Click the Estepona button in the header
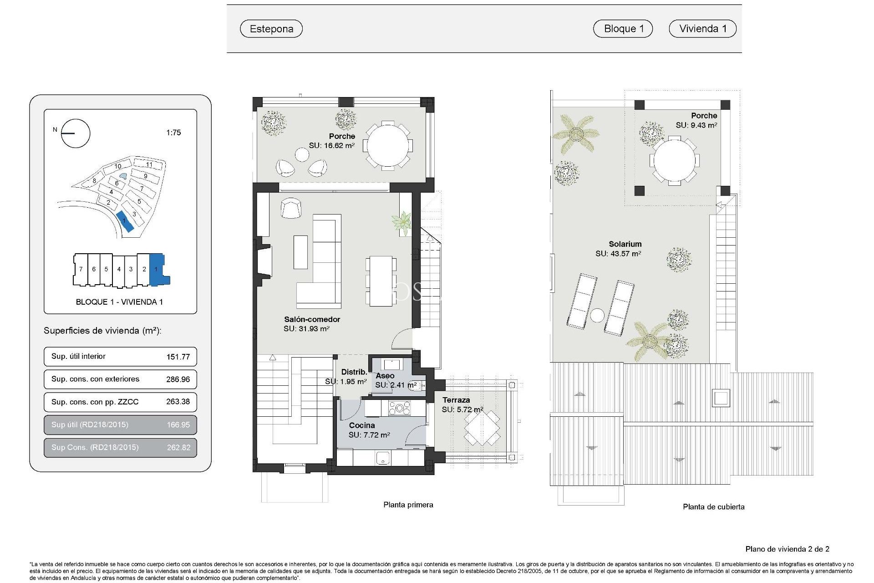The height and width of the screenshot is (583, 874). tap(271, 29)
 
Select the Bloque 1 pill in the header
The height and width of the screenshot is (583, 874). tap(623, 29)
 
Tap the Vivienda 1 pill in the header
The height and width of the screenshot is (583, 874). tap(702, 29)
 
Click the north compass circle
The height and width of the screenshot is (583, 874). tap(76, 133)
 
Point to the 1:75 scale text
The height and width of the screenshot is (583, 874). tap(173, 133)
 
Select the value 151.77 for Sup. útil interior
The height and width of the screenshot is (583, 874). tap(178, 357)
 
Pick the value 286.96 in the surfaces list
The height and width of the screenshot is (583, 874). tap(178, 379)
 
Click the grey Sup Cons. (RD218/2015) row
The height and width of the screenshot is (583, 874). tap(120, 447)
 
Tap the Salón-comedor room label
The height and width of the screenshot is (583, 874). tap(312, 319)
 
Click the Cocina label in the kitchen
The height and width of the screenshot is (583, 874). tap(362, 425)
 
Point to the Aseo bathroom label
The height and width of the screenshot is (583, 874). tap(385, 376)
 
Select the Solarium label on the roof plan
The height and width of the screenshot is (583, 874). tap(625, 244)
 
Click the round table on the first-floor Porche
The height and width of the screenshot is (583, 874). tap(388, 146)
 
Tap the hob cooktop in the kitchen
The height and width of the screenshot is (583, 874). tap(399, 408)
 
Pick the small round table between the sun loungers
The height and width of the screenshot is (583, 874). tap(597, 315)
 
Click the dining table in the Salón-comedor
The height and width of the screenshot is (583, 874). tap(381, 281)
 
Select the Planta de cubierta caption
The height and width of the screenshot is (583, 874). tap(713, 506)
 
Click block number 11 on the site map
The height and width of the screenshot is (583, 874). tap(149, 164)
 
